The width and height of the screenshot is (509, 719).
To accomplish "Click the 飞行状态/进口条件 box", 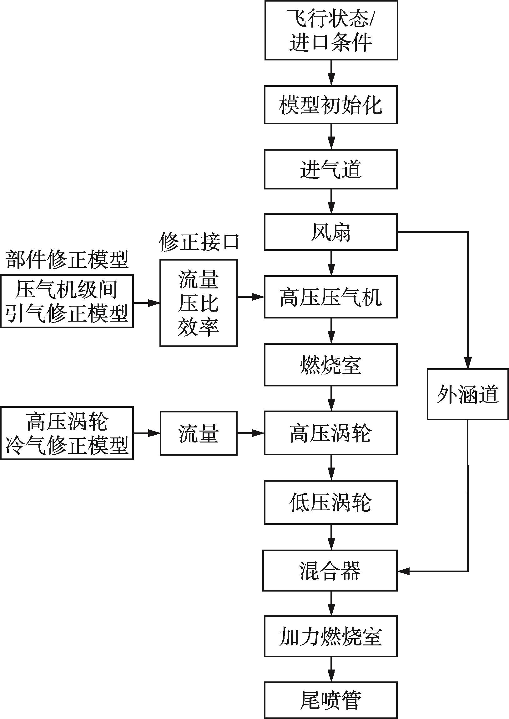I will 331,30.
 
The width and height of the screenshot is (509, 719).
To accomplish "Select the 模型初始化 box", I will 331,105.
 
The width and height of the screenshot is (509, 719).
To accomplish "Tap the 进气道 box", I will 331,169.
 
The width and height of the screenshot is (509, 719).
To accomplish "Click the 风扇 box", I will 331,232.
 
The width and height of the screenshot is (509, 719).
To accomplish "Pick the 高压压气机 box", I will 331,297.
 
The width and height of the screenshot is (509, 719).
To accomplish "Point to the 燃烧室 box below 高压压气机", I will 331,365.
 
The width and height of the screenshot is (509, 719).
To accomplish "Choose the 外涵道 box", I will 467,395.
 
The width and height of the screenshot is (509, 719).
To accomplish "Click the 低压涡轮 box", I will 331,502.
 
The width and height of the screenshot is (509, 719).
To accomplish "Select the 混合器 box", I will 330,571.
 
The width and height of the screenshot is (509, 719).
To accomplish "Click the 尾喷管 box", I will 331,700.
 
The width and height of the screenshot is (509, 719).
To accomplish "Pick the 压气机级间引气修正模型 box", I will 67,301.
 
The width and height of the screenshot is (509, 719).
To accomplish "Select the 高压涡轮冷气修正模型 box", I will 67,433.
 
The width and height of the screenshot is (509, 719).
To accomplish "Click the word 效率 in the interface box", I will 199,327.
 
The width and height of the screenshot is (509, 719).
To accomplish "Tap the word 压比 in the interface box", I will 199,303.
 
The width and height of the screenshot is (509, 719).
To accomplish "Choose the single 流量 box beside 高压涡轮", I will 199,433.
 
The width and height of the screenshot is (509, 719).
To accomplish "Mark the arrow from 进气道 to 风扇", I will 331,201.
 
